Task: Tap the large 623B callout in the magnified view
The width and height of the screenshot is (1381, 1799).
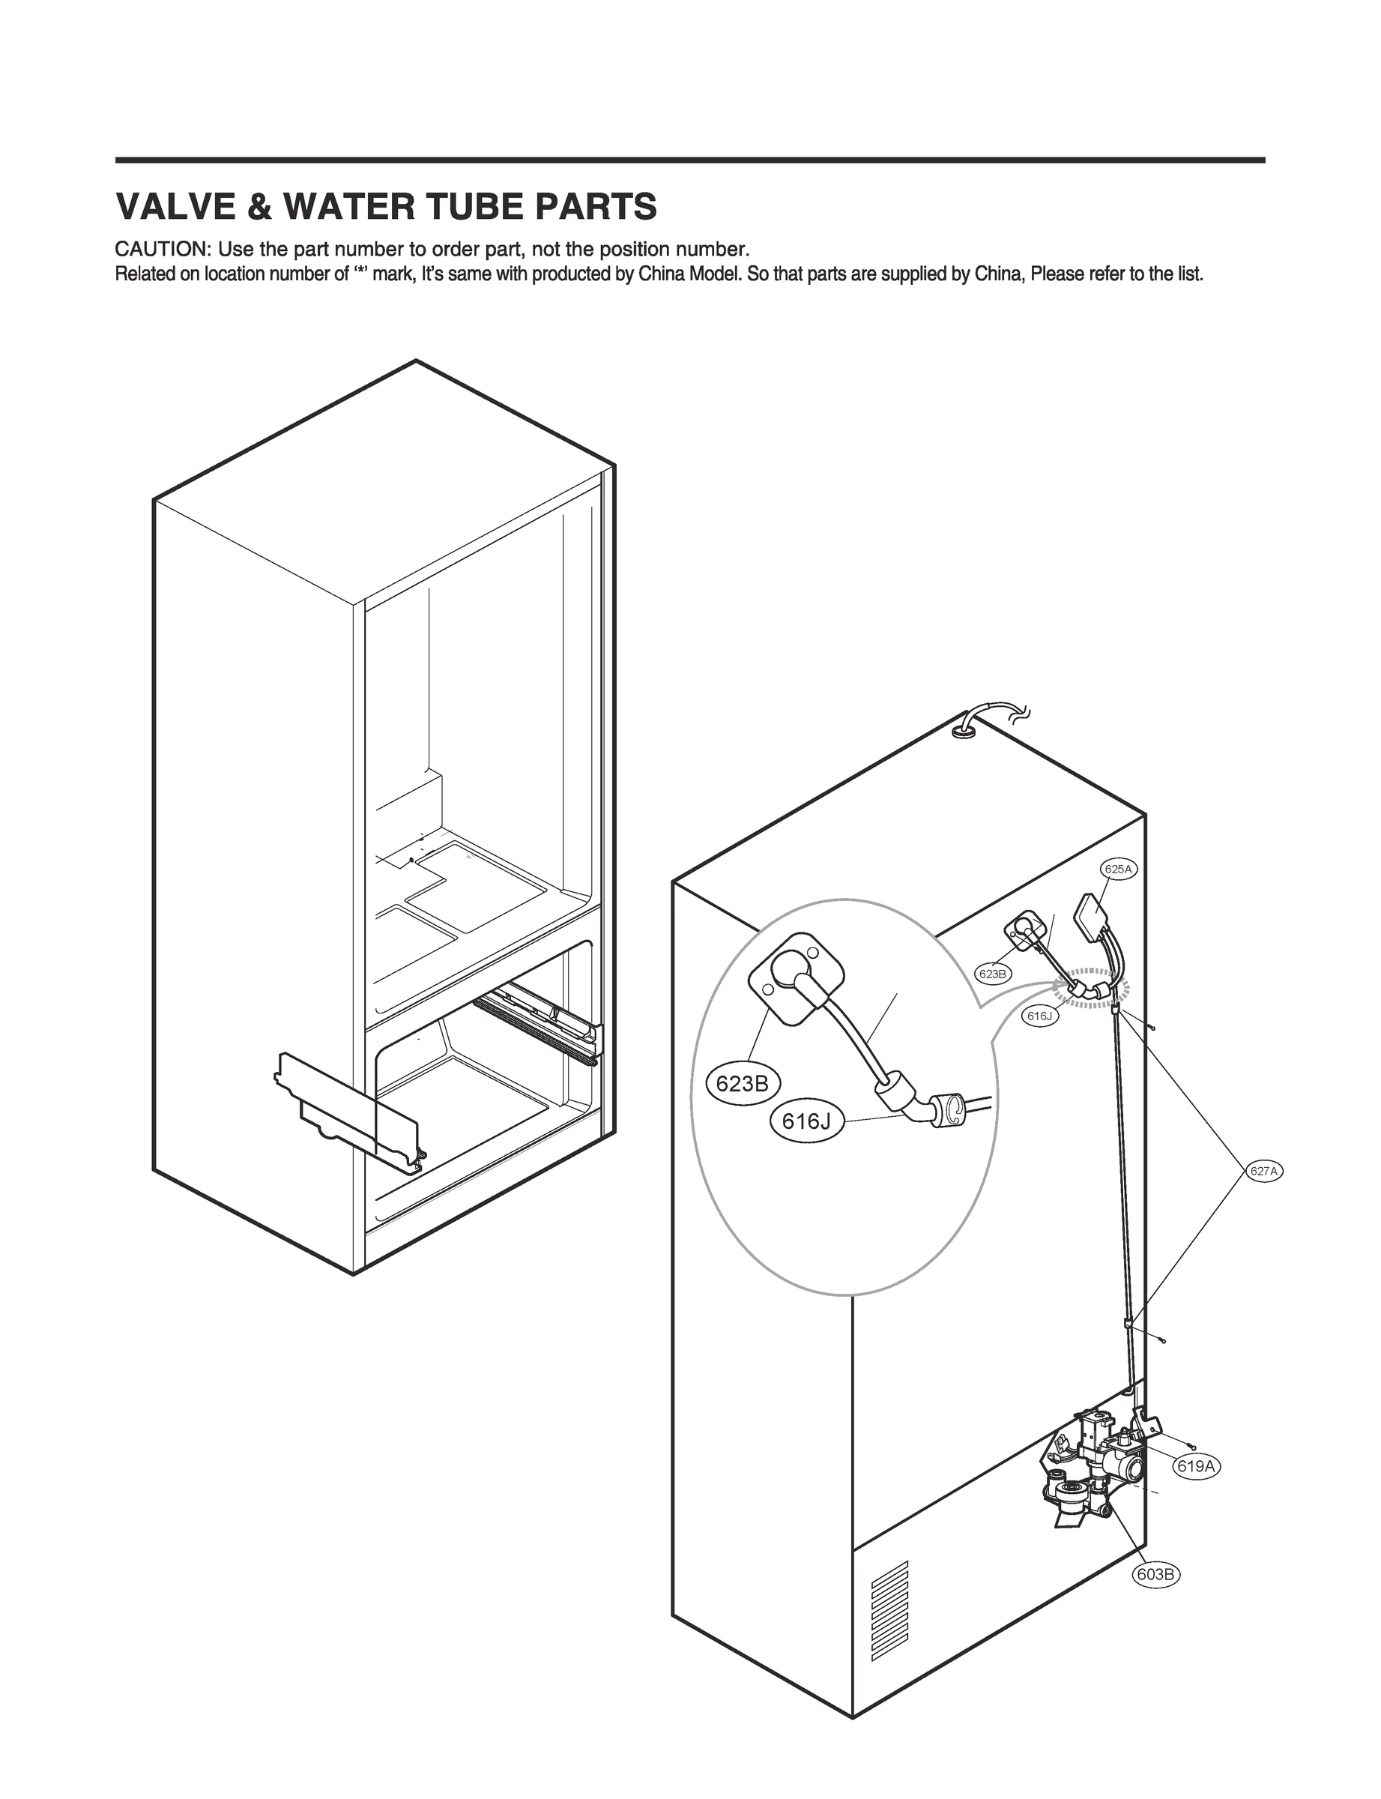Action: tap(743, 1084)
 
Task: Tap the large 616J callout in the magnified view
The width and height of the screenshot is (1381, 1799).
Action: tap(807, 1121)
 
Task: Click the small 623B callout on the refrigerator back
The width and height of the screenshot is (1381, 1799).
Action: tap(992, 974)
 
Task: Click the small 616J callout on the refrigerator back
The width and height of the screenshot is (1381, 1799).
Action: tap(1039, 1016)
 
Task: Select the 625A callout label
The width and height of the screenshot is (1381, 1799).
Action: tap(1118, 869)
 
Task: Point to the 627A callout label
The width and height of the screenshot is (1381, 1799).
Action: tap(1263, 1172)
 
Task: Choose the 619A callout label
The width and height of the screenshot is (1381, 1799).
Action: tap(1196, 1466)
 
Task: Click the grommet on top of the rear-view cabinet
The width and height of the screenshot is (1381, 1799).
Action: tap(964, 727)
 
